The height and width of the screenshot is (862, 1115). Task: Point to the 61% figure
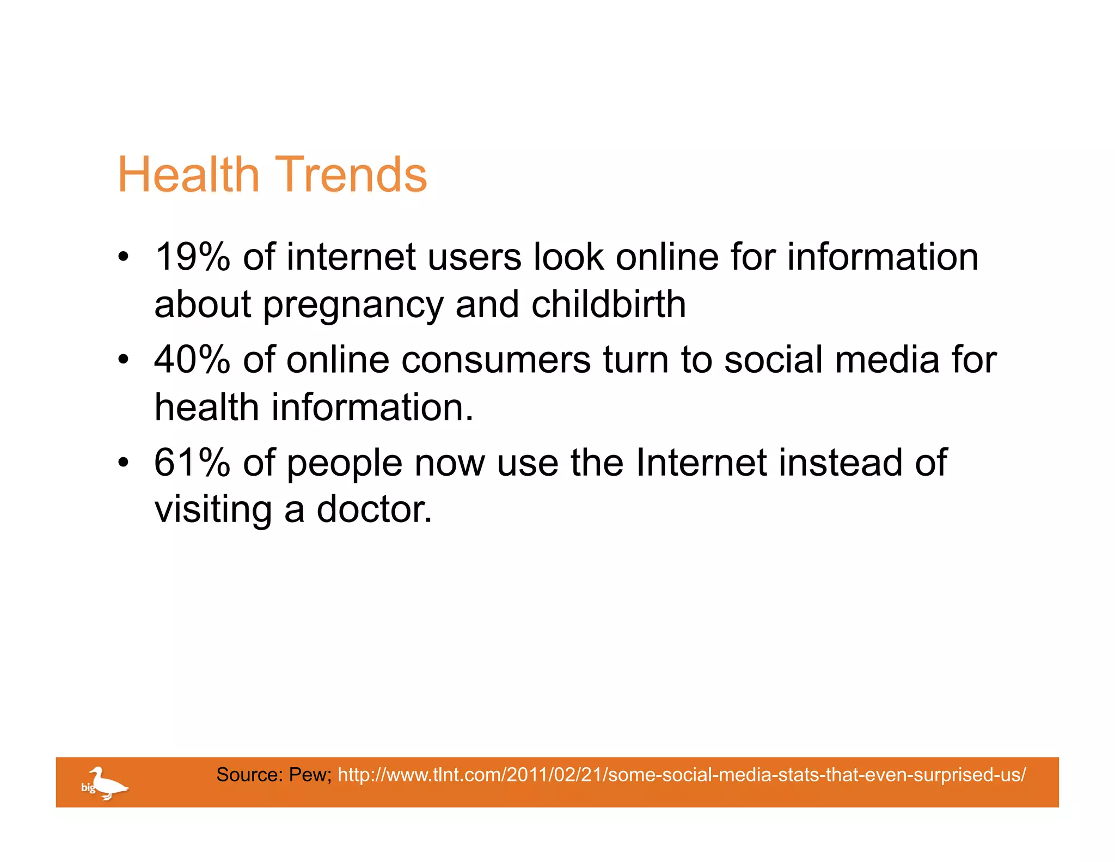[x=192, y=462]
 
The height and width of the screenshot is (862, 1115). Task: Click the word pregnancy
[x=353, y=305]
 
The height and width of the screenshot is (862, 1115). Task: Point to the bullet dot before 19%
[x=124, y=257]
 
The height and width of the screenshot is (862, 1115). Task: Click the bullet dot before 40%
[x=124, y=360]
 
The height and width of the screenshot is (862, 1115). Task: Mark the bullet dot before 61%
[x=124, y=462]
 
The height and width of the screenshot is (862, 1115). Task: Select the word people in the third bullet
[x=344, y=463]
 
